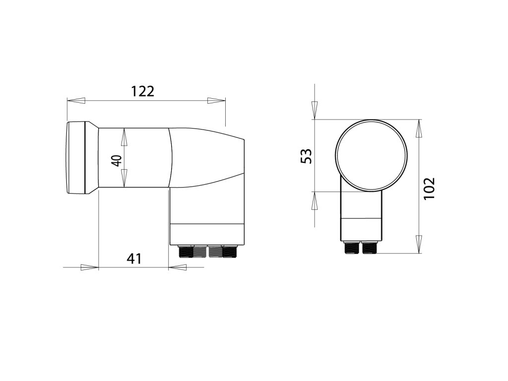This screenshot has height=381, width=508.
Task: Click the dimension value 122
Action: [x=142, y=91]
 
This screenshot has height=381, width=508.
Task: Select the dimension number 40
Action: [x=117, y=161]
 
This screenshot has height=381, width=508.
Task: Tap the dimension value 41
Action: [x=134, y=258]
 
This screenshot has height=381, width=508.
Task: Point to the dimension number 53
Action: [x=306, y=156]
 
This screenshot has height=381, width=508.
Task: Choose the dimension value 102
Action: [x=429, y=188]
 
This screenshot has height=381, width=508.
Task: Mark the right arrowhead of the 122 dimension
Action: [x=216, y=101]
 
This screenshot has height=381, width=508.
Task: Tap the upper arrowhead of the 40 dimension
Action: [x=124, y=137]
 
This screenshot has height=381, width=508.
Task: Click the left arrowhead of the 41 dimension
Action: [x=89, y=267]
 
